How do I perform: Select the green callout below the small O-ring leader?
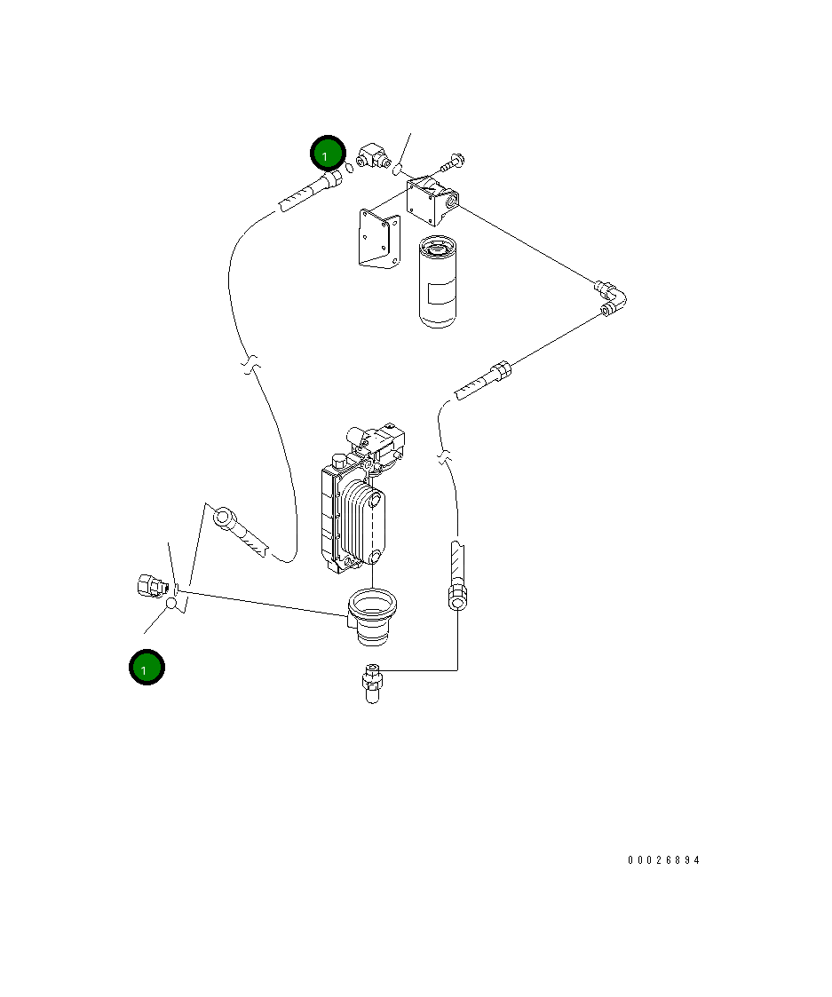click(145, 668)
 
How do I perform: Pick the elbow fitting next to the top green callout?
click(374, 159)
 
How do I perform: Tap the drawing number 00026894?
click(663, 860)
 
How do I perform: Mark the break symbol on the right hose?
click(443, 458)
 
